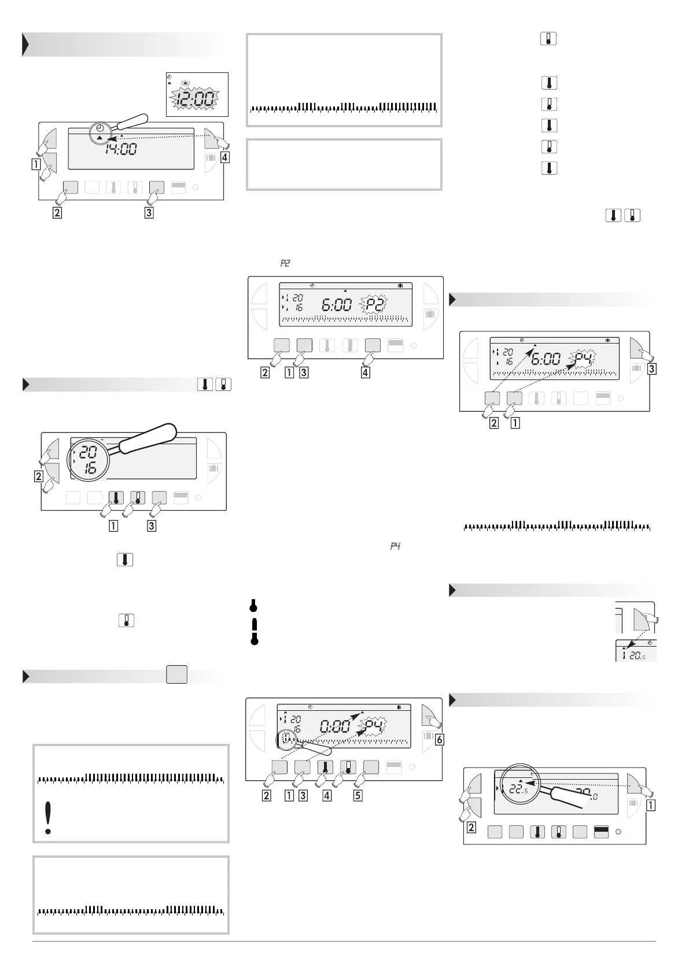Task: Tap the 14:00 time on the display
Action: coord(121,149)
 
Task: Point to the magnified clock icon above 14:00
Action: coord(101,128)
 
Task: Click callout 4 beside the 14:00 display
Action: coord(224,157)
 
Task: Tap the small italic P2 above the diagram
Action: coord(285,263)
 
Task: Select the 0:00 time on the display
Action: coord(335,726)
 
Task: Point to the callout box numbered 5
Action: coord(358,795)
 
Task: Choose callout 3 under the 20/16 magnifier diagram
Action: coord(152,526)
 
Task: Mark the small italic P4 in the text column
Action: coord(396,546)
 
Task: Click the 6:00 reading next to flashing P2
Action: coord(336,305)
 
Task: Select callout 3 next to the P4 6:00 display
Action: coord(651,368)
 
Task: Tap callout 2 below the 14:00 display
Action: coord(56,212)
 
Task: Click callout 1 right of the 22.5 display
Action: coord(650,803)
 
